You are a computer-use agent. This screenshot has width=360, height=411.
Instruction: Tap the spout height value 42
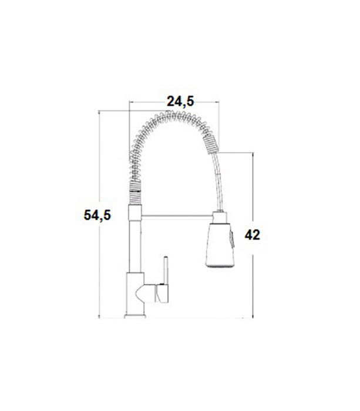(252, 235)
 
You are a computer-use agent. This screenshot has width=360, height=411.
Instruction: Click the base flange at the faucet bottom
(134, 317)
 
